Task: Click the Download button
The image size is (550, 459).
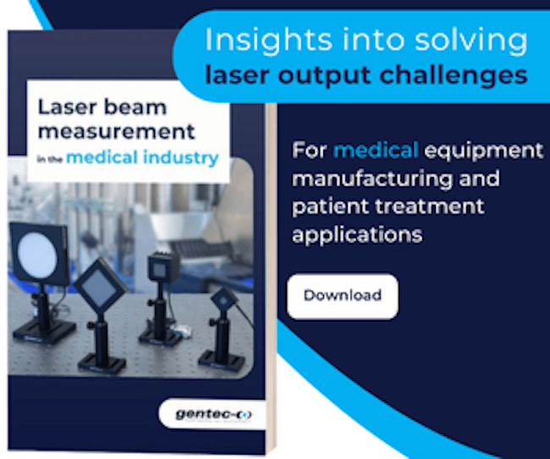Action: pos(343,296)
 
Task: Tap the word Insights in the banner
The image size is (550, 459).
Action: pos(268,41)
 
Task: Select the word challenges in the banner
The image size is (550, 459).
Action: pos(454,76)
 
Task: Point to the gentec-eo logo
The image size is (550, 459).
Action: pos(213,414)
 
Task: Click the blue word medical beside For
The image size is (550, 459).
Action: pos(376,150)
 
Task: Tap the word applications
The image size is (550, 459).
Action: pos(357,235)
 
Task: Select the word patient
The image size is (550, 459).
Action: pos(330,207)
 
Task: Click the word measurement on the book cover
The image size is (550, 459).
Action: pos(117,132)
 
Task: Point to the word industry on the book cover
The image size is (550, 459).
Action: pos(181,158)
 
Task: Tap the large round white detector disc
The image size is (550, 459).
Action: pos(37,253)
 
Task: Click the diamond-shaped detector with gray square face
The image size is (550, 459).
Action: pos(100,285)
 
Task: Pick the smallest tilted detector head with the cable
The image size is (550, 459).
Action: pos(223,301)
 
